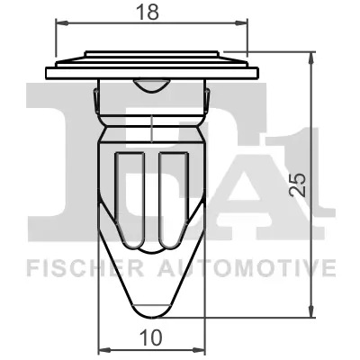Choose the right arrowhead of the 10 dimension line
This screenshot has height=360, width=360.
(202, 350)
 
